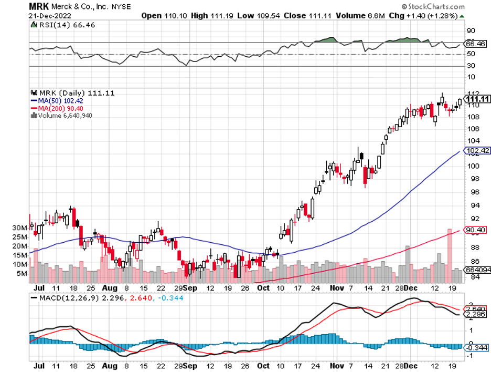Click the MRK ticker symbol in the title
point(37,7)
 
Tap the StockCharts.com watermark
point(435,7)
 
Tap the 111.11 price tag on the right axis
point(477,99)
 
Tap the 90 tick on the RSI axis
point(471,30)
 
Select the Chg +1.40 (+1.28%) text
point(426,16)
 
